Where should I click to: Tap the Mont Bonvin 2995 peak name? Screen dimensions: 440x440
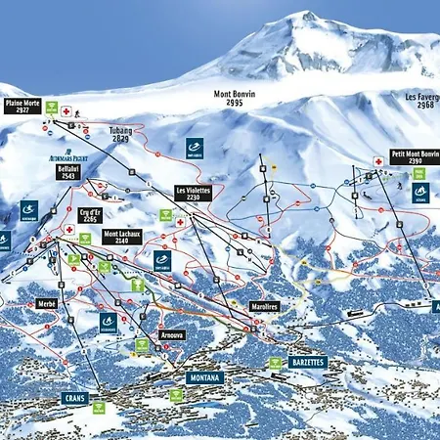click(236, 99)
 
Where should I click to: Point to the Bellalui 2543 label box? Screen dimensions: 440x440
click(68, 172)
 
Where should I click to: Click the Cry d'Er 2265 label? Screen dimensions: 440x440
click(91, 216)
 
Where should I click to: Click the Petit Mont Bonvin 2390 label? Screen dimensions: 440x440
click(415, 158)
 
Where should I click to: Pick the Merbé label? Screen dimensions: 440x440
click(47, 304)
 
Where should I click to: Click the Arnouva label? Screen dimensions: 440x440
click(172, 334)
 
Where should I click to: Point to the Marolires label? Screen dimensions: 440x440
click(265, 306)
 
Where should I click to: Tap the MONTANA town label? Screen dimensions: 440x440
click(204, 376)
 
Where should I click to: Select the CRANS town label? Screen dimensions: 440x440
click(75, 398)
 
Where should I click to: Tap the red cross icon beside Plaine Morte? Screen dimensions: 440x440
click(66, 111)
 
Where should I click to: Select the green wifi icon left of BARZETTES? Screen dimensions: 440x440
click(274, 362)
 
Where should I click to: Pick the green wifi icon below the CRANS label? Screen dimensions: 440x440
click(98, 407)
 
